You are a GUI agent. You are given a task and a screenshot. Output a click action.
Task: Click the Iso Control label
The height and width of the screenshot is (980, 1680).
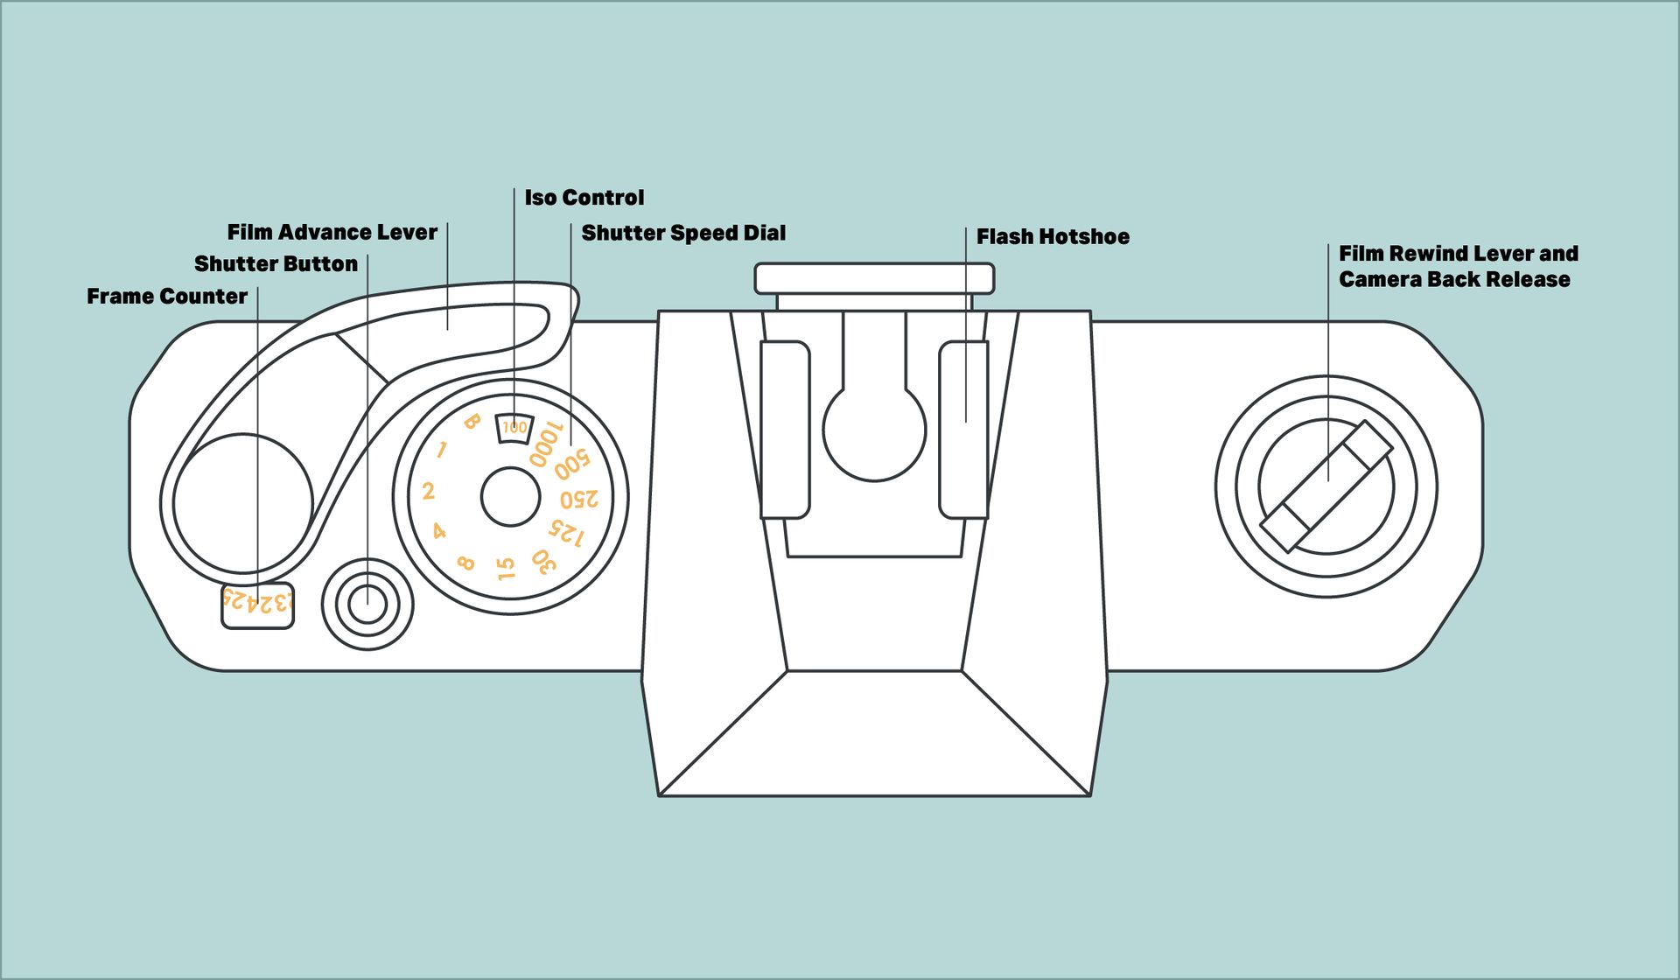(x=584, y=198)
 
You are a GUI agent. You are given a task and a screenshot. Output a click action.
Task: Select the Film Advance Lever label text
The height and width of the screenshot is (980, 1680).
(x=332, y=232)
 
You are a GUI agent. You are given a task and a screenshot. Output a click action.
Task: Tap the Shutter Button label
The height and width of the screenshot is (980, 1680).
(x=276, y=264)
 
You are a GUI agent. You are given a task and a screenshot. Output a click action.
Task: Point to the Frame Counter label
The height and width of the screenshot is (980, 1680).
(x=167, y=297)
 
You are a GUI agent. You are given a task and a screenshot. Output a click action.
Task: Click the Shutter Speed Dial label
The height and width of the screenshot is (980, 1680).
(x=683, y=233)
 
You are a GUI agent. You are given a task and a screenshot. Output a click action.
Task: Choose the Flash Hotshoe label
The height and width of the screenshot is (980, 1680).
(x=1053, y=237)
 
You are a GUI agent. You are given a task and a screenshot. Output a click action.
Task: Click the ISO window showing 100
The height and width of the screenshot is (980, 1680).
(x=514, y=428)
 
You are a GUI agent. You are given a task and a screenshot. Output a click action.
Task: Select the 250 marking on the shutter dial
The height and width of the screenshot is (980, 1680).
(x=579, y=499)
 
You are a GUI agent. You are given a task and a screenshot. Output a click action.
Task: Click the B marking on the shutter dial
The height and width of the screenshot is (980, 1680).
(x=472, y=422)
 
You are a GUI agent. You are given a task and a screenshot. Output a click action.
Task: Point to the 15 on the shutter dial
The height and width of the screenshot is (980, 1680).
(x=506, y=569)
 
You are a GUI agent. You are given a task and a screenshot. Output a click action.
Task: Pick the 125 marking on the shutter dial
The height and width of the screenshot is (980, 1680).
(x=566, y=533)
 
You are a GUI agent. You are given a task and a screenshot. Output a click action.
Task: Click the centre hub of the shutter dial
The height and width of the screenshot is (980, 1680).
(x=510, y=497)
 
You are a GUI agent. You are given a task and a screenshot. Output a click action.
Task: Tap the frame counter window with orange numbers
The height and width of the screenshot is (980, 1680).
(x=257, y=604)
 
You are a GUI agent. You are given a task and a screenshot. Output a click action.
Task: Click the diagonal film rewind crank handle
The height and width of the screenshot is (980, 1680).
(x=1326, y=486)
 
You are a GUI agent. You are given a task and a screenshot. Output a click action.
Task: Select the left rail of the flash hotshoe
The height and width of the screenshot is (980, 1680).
(x=785, y=430)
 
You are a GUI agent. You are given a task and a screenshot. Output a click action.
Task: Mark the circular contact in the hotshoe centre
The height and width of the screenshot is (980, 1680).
(x=874, y=433)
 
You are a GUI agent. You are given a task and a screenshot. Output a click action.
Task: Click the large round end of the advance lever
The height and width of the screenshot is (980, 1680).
(x=242, y=503)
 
